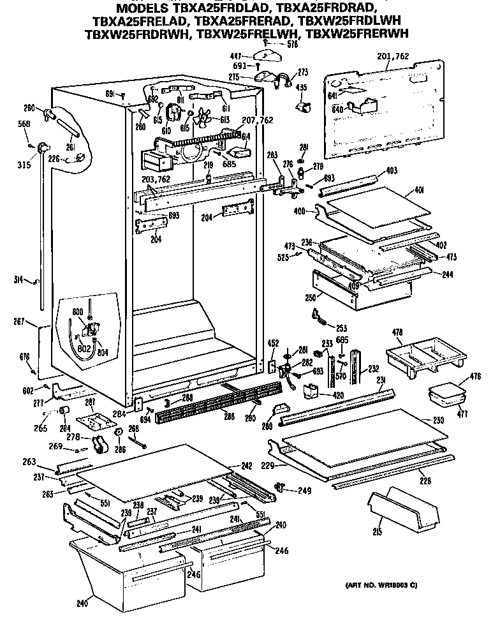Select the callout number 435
pos(301,87)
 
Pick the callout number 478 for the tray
pos(397,332)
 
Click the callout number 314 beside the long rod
pos(18,279)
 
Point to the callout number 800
pos(77,312)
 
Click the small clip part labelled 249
pos(278,488)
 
